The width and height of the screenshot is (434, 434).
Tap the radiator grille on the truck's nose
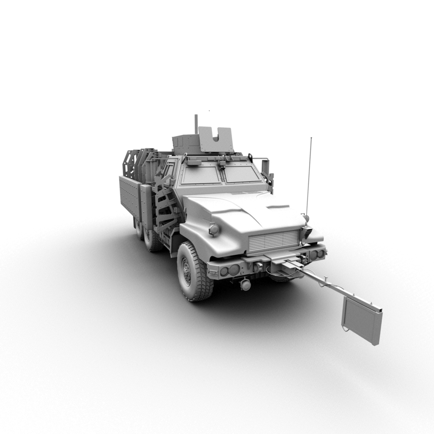274,241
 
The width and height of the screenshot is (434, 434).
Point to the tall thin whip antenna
309,177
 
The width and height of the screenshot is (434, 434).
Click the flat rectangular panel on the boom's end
361,320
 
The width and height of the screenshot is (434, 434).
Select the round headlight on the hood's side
214,229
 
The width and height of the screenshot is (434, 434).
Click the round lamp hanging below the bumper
246,285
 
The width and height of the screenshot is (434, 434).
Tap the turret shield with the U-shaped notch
215,139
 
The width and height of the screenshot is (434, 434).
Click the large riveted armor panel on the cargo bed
129,197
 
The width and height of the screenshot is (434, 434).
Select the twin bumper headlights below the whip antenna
317,254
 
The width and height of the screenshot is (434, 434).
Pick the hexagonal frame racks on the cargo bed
139,163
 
